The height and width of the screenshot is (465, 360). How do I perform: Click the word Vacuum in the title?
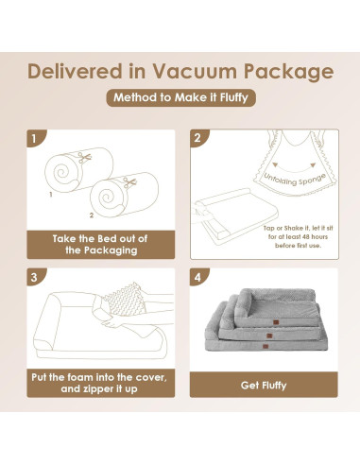(202, 71)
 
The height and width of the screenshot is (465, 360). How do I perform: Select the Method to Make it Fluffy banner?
(180, 98)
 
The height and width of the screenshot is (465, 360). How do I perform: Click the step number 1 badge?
(34, 139)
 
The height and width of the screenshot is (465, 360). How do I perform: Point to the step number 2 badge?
(197, 139)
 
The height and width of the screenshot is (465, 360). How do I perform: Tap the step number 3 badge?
(34, 279)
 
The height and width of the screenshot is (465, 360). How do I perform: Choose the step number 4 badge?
(197, 279)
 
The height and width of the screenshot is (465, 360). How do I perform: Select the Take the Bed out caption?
(98, 245)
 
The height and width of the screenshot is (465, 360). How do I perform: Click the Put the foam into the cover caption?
(98, 385)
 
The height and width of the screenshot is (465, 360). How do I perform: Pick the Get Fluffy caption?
(262, 385)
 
